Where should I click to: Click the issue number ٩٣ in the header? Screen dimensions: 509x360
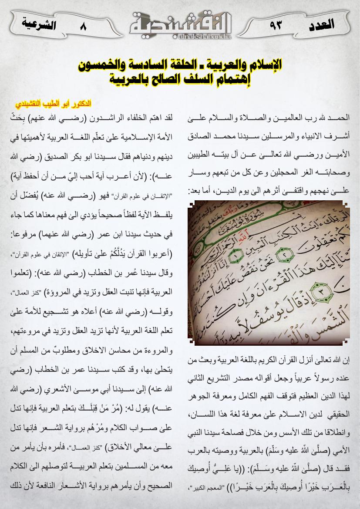point(276,25)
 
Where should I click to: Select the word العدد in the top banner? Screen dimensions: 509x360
point(321,24)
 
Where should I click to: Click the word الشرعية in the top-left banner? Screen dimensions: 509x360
point(38,24)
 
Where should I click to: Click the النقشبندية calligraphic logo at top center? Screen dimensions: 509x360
point(180,24)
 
